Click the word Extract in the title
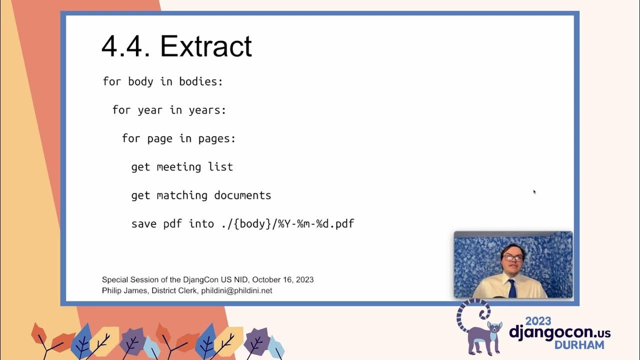(206, 46)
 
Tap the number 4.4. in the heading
(125, 46)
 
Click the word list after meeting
(220, 167)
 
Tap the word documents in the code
(242, 195)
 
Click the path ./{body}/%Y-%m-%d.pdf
(287, 224)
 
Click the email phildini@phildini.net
(236, 290)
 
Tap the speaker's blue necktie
(512, 288)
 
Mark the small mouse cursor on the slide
(534, 191)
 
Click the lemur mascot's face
(494, 329)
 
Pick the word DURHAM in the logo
(578, 345)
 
